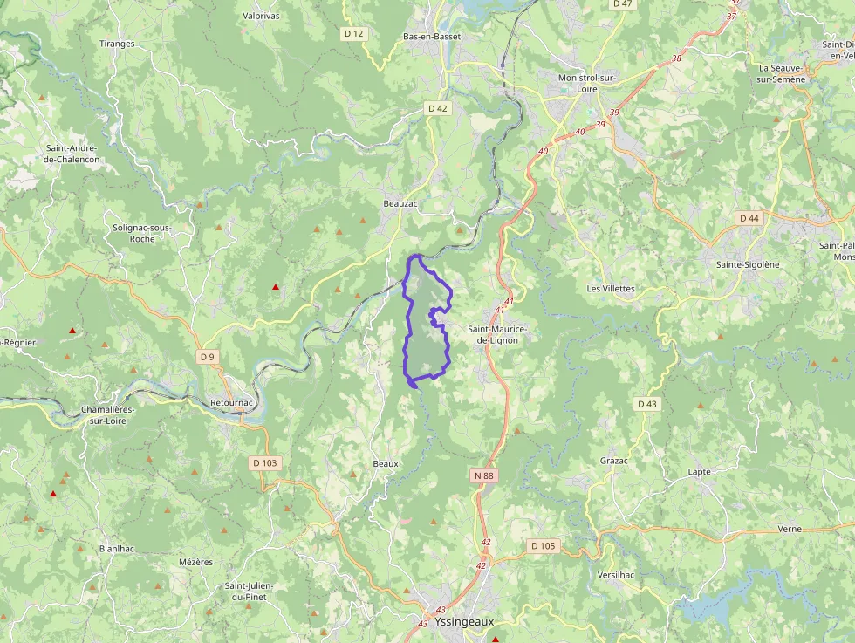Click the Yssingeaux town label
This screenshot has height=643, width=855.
tap(464, 622)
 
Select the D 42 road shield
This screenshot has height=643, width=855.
tap(437, 108)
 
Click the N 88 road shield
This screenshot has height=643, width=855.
tap(483, 475)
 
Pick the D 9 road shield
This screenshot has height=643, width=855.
tap(207, 356)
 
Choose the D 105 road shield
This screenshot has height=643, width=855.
tap(542, 545)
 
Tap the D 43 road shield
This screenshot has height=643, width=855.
tap(646, 403)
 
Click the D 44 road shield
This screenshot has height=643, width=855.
tap(749, 217)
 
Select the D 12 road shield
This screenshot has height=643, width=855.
tap(353, 33)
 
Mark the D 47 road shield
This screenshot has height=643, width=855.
tap(622, 4)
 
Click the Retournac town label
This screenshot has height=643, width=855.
tap(231, 403)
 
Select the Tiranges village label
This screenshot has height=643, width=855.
tap(117, 43)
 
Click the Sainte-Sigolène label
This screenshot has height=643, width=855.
tap(747, 263)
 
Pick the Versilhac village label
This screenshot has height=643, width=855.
tap(616, 575)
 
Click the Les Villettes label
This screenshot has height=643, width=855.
tap(611, 288)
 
